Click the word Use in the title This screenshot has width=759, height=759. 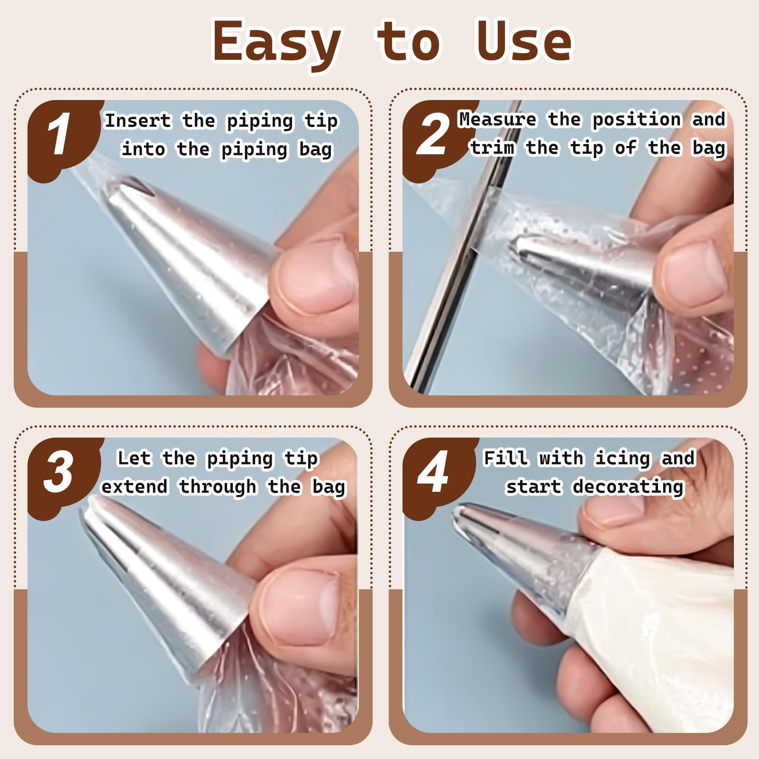(x=524, y=42)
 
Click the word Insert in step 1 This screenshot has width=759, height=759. (x=137, y=120)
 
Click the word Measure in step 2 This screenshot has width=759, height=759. (x=497, y=119)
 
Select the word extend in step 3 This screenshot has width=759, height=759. (x=135, y=486)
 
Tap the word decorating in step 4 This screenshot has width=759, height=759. (x=628, y=487)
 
